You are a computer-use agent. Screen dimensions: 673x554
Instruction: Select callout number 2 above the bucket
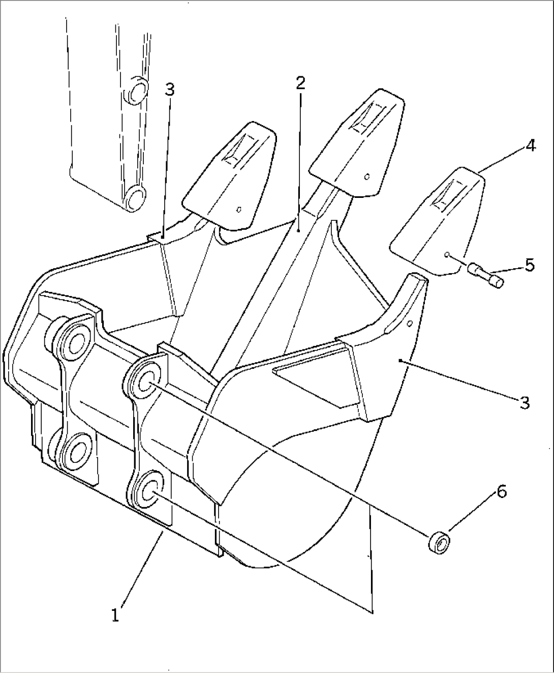point(300,82)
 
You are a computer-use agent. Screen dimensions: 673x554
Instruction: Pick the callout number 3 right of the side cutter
point(524,402)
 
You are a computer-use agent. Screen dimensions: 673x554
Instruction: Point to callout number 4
point(530,147)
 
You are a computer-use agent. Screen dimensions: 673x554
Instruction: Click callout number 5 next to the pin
point(530,265)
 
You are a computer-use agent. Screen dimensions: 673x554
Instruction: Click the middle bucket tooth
point(358,142)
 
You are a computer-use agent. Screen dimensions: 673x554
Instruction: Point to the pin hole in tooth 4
point(446,254)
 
